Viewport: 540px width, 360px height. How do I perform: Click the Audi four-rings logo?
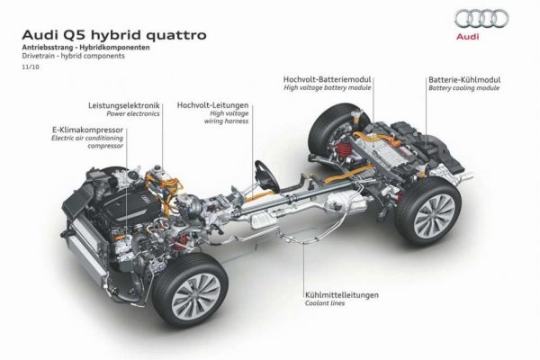tap(481, 19)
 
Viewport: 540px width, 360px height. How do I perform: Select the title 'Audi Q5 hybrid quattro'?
tap(114, 35)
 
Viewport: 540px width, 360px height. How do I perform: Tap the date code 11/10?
tap(31, 67)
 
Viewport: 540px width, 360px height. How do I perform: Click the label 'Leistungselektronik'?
tap(124, 105)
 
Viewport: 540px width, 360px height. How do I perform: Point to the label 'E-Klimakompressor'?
tap(87, 130)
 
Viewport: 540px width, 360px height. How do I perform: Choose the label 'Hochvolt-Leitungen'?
tap(212, 104)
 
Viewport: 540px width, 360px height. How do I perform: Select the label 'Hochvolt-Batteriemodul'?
tap(328, 79)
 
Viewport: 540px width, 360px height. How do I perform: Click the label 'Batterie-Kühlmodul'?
tap(464, 79)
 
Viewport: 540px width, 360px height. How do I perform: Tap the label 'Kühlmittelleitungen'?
tap(342, 295)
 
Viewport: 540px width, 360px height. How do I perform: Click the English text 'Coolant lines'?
tap(325, 303)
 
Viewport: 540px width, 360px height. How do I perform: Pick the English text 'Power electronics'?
tap(133, 113)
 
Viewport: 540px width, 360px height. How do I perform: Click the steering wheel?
tap(265, 175)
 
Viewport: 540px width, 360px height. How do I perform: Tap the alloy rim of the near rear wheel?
tap(435, 215)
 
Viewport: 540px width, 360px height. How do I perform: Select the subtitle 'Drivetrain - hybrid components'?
tap(74, 56)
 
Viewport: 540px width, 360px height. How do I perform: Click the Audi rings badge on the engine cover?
tap(146, 198)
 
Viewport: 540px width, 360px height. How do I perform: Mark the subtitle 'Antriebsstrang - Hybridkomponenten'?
tap(85, 48)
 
